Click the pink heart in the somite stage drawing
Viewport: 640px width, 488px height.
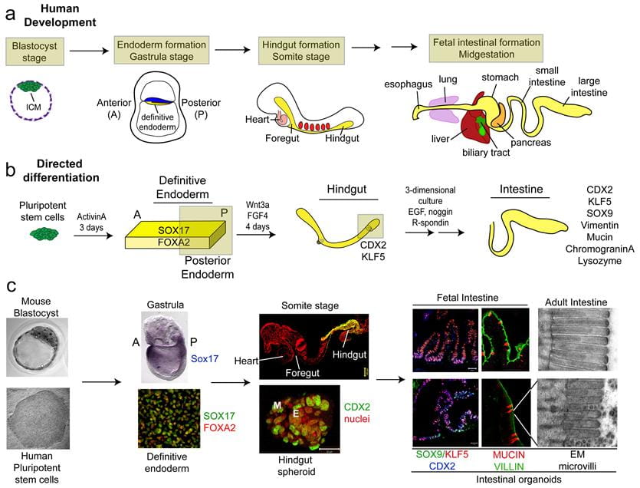click(x=284, y=120)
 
